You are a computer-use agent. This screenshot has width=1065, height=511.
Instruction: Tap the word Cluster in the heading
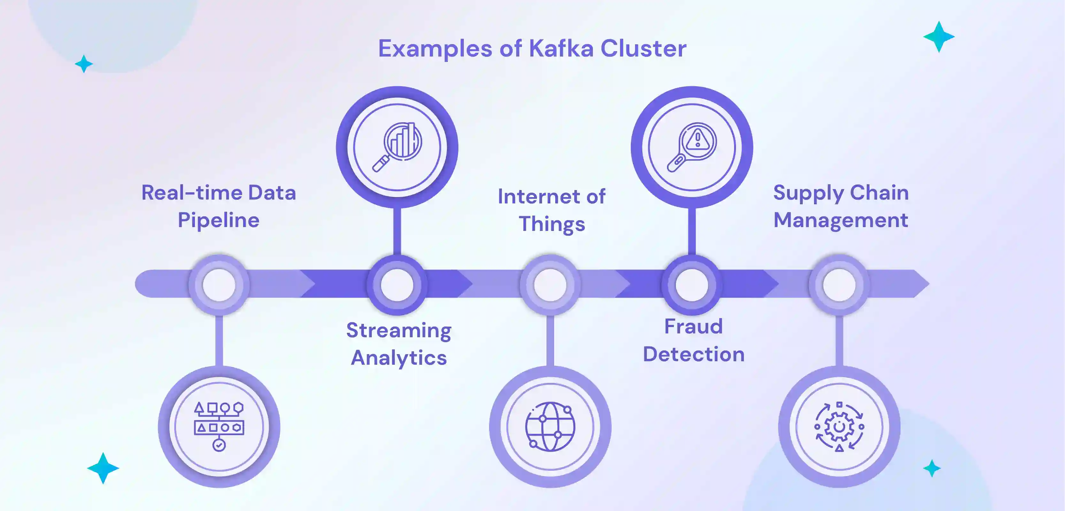[x=643, y=49]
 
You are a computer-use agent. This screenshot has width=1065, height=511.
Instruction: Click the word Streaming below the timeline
[x=399, y=331]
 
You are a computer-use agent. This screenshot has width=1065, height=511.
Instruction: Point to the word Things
[x=552, y=225]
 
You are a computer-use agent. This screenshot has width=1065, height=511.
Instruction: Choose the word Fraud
[x=693, y=327]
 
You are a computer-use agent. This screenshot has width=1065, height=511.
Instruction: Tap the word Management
[x=840, y=220]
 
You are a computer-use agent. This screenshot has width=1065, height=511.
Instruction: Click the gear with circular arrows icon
[x=839, y=426]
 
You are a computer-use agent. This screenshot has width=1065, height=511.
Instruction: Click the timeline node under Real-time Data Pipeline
[x=219, y=285]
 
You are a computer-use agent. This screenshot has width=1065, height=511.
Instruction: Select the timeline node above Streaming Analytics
[x=397, y=285]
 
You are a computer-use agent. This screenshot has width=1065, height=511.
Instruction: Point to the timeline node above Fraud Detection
[x=692, y=285]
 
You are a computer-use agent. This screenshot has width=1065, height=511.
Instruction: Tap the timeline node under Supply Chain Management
[x=839, y=285]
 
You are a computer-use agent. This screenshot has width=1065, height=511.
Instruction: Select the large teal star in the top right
[x=939, y=37]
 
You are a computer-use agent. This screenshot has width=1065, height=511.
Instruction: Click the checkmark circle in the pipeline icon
[x=219, y=445]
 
